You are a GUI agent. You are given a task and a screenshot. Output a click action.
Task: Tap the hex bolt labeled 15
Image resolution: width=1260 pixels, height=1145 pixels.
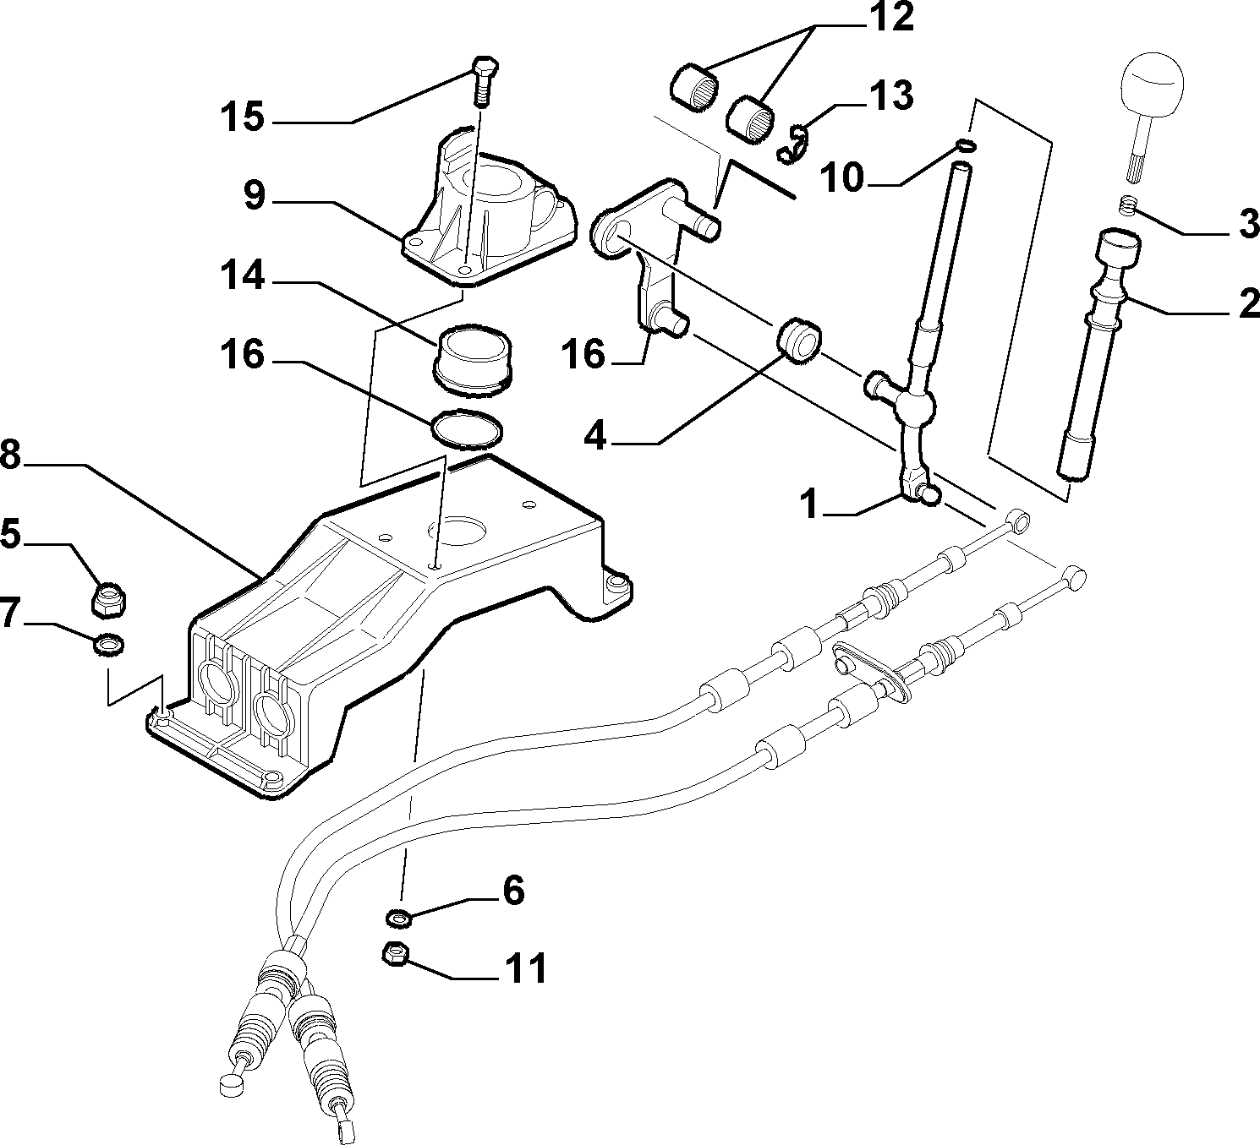tap(484, 81)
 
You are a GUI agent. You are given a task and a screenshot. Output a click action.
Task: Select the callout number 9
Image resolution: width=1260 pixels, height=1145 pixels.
tap(255, 196)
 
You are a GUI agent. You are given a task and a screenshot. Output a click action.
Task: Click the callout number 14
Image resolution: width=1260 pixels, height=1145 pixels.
tap(243, 276)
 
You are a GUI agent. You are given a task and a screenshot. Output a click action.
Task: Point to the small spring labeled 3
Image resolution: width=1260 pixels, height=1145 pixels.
tap(1130, 205)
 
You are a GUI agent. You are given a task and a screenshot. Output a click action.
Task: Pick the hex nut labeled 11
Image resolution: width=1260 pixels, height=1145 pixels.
tap(396, 956)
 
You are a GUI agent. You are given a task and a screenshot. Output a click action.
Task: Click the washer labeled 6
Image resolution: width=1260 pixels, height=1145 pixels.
tap(397, 918)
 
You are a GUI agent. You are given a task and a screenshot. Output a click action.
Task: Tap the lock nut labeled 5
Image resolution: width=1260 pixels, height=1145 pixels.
tap(111, 597)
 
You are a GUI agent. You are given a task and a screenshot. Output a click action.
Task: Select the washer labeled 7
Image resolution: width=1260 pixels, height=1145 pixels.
tap(108, 645)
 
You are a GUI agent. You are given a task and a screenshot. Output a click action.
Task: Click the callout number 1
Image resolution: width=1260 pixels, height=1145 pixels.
tap(810, 505)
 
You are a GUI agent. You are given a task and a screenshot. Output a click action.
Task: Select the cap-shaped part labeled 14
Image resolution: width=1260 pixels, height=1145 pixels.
tap(473, 360)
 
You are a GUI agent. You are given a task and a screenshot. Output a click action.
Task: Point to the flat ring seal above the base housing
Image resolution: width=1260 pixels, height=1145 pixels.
tap(467, 429)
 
